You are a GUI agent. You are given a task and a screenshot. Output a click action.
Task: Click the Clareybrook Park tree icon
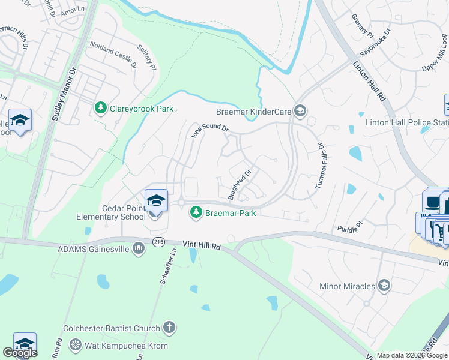point(101,109)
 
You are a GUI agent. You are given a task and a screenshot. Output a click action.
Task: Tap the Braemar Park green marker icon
point(196,212)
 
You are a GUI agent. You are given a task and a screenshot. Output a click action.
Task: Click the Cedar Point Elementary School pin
point(156,201)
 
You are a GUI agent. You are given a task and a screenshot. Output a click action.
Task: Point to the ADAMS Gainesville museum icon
point(139,248)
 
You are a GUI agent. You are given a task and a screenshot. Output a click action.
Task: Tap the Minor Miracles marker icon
point(385,286)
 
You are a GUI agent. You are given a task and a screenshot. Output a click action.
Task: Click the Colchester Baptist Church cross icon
point(170,328)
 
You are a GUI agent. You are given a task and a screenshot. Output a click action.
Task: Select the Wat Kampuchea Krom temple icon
point(76,346)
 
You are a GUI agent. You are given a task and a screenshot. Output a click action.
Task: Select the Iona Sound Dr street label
point(210,130)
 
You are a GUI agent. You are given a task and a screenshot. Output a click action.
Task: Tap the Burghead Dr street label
point(238,182)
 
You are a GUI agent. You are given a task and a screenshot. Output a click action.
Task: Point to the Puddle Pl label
point(350,226)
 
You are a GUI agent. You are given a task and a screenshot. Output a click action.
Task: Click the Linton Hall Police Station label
point(407,122)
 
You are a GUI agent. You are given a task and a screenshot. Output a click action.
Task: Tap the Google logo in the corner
point(20,353)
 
